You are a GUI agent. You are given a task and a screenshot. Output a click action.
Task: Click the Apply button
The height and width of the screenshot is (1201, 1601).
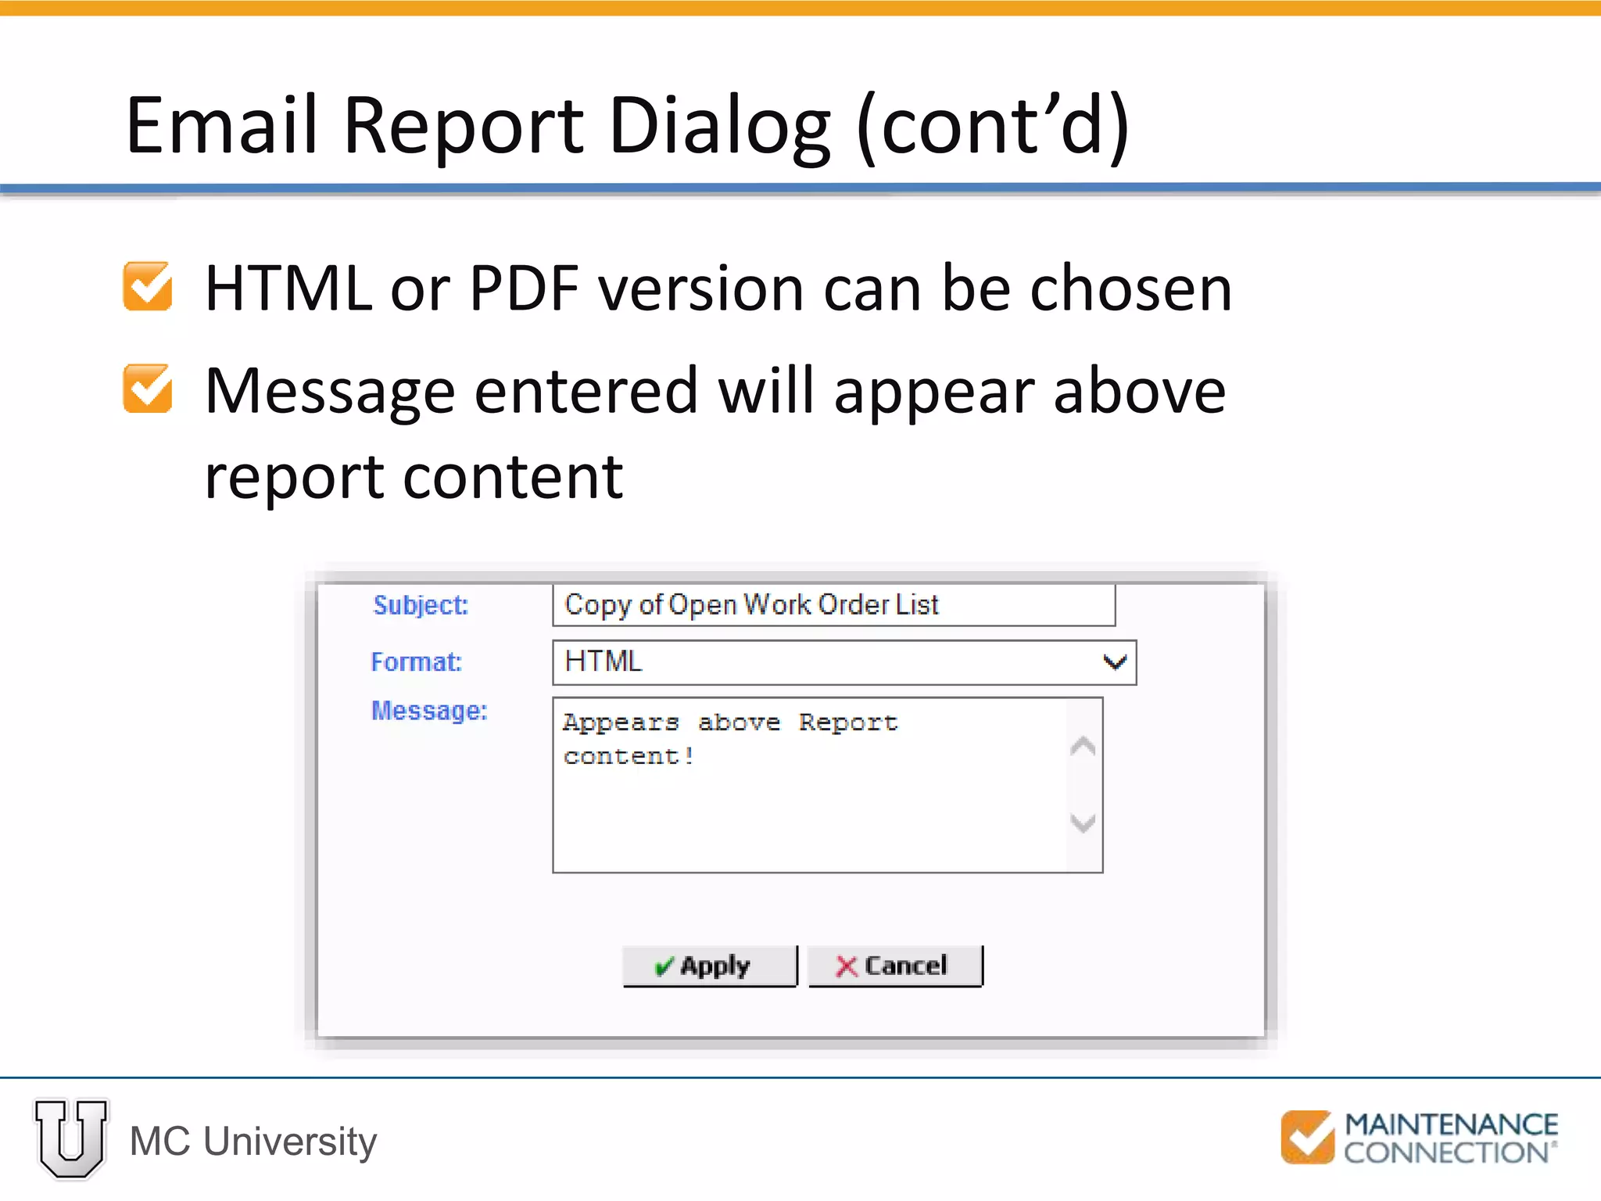(709, 966)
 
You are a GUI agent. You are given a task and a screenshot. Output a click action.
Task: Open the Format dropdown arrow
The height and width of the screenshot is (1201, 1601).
(1115, 662)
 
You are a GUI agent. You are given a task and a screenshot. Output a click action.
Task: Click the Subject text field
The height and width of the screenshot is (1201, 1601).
(833, 605)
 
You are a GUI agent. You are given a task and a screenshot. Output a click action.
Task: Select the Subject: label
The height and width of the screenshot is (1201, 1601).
(421, 605)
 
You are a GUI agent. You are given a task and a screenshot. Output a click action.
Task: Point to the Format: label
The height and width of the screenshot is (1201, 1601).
(416, 662)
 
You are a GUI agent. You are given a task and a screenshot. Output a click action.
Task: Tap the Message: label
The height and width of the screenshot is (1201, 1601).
(429, 711)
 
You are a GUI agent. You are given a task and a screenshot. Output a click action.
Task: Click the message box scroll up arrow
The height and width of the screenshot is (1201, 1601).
(1083, 747)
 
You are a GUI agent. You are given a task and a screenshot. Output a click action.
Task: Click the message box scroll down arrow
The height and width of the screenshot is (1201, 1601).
(1083, 823)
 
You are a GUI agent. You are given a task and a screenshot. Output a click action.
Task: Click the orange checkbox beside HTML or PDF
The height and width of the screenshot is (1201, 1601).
(148, 287)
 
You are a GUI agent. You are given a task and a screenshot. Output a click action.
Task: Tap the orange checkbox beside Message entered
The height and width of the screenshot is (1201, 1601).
(148, 389)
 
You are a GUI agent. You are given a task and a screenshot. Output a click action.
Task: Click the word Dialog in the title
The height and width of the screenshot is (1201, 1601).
(719, 125)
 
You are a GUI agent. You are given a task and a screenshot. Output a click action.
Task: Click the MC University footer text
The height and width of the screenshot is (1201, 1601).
(253, 1142)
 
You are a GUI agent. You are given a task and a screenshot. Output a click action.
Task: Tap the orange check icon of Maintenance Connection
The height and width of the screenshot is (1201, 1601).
(1308, 1137)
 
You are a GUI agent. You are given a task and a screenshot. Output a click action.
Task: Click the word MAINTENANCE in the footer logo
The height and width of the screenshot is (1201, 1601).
(1451, 1124)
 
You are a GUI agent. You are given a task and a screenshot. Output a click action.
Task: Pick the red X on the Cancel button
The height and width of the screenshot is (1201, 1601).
(847, 966)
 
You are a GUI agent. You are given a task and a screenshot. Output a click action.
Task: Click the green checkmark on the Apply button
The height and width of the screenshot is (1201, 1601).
(664, 967)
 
